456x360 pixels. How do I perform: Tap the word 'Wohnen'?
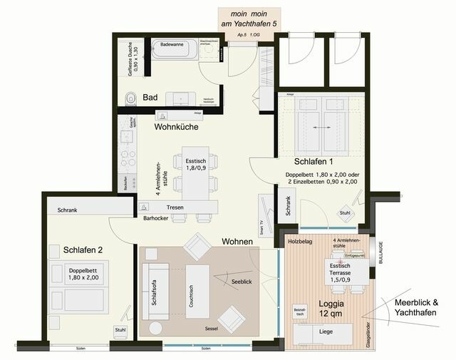pyautogui.click(x=237, y=242)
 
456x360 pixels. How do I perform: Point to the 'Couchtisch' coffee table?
pyautogui.click(x=197, y=291)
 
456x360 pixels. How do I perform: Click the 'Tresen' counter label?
pyautogui.click(x=175, y=207)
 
